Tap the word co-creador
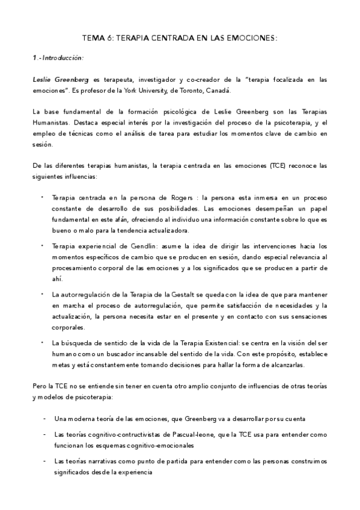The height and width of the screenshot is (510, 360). click(x=200, y=79)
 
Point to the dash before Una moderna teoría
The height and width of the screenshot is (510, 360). click(x=44, y=418)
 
